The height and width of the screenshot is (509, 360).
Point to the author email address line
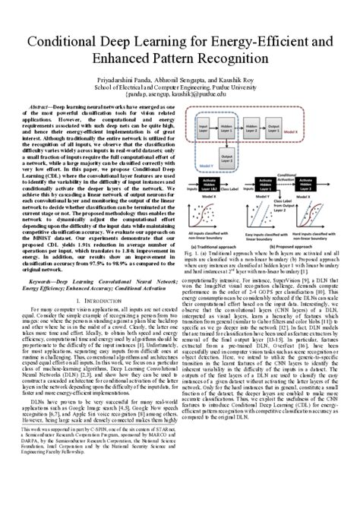pos(179,94)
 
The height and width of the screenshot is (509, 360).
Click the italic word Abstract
pos(40,109)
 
